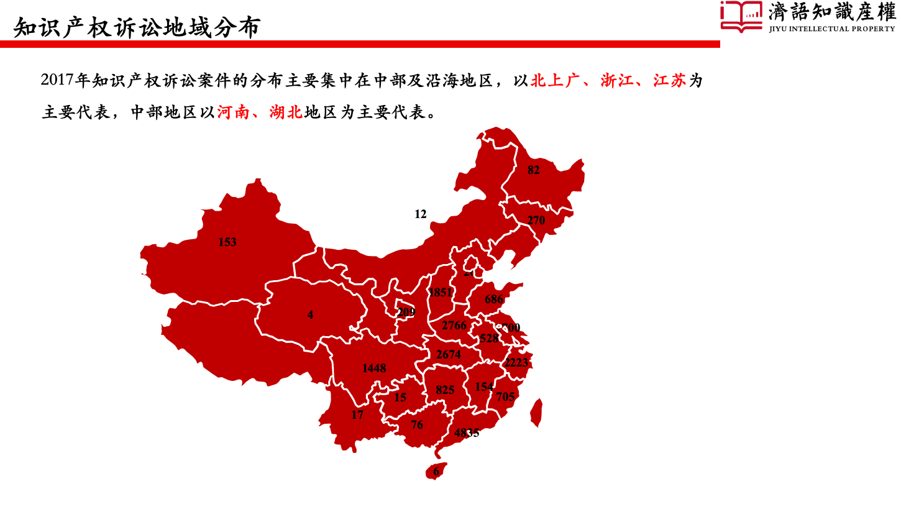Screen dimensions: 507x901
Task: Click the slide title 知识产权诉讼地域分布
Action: pyautogui.click(x=137, y=28)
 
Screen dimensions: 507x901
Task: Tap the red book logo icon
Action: pyautogui.click(x=741, y=16)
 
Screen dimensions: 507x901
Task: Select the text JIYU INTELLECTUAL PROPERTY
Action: pyautogui.click(x=831, y=29)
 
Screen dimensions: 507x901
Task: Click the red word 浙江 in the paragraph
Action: pyautogui.click(x=616, y=81)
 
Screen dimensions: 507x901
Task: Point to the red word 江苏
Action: pyautogui.click(x=669, y=81)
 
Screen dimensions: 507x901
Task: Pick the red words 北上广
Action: pyautogui.click(x=555, y=81)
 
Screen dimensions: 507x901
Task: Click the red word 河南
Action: pyautogui.click(x=233, y=112)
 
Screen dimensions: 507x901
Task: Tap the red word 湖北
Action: pyautogui.click(x=286, y=112)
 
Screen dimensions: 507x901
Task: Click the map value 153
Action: pyautogui.click(x=227, y=242)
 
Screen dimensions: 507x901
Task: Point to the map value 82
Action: pyautogui.click(x=533, y=170)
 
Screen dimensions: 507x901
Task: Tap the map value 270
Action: pyautogui.click(x=536, y=221)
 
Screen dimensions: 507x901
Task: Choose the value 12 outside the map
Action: pyautogui.click(x=421, y=214)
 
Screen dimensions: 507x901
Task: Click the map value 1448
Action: pyautogui.click(x=374, y=368)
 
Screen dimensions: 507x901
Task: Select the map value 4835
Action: pyautogui.click(x=467, y=433)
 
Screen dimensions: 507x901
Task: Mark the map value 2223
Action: pyautogui.click(x=516, y=363)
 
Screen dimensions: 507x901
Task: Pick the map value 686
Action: pyautogui.click(x=494, y=299)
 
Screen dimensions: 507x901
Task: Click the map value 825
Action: pyautogui.click(x=445, y=390)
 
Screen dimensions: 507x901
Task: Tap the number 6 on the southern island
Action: pyautogui.click(x=436, y=472)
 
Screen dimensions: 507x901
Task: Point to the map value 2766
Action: pyautogui.click(x=454, y=326)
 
